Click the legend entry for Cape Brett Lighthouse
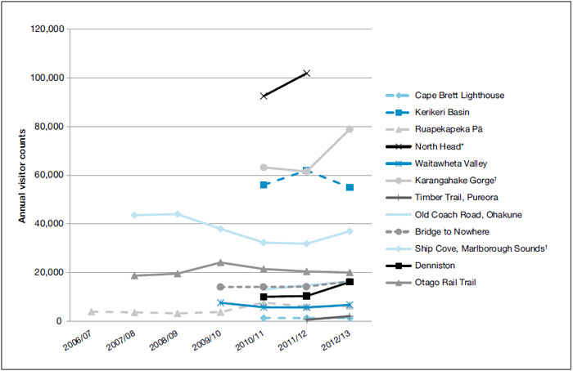(x=459, y=96)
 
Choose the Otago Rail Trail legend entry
(x=448, y=284)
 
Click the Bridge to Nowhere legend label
(x=450, y=230)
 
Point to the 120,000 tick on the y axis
(x=48, y=29)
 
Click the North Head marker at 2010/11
(x=264, y=96)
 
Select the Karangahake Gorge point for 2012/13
(x=350, y=129)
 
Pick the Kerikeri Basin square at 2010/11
(x=264, y=185)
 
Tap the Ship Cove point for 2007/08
(x=134, y=215)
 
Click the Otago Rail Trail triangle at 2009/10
(x=220, y=262)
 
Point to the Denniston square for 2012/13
(x=350, y=282)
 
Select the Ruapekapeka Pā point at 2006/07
(x=91, y=311)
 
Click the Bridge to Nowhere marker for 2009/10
(x=220, y=287)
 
